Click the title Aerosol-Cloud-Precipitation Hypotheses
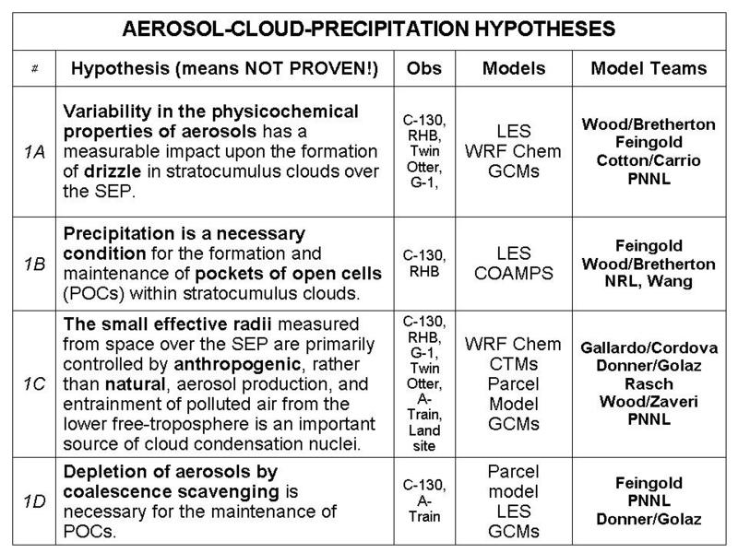point(368,29)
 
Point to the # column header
point(32,68)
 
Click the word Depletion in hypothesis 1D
point(99,472)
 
